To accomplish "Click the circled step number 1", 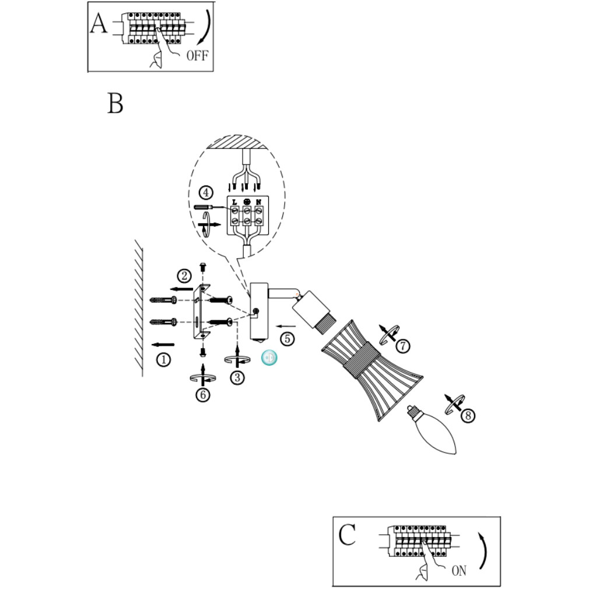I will pos(164,360).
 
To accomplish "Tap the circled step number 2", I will pos(184,275).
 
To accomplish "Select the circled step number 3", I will pos(237,377).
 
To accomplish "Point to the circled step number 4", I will pos(204,192).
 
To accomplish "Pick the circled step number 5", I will pos(286,338).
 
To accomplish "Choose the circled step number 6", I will pos(202,395).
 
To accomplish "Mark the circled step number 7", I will pos(402,345).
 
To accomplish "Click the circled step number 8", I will pos(467,416).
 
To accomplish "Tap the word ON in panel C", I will pos(459,571).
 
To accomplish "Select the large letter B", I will pos(115,103).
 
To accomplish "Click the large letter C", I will pos(347,535).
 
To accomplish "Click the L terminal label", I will pos(234,202).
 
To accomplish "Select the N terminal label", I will pos(257,202).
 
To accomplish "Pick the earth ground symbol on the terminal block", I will pos(246,202).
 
